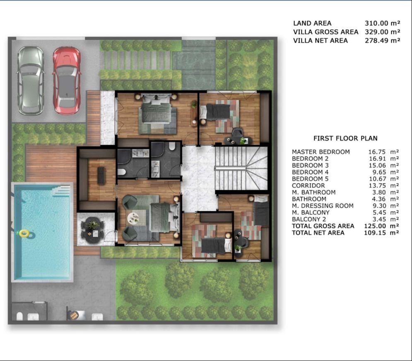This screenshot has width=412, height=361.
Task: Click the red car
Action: [67, 81]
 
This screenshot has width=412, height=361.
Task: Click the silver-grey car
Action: [31, 81]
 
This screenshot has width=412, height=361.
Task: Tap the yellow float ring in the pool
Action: [24, 233]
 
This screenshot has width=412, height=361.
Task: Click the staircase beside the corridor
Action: [241, 168]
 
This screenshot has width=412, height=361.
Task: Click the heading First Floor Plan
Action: [345, 138]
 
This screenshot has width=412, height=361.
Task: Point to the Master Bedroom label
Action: [321, 152]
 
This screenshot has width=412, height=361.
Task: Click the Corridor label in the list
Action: [308, 186]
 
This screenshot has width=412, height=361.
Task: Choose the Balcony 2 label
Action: [309, 219]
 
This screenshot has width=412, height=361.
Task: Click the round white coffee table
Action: [133, 218]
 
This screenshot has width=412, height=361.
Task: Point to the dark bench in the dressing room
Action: [101, 175]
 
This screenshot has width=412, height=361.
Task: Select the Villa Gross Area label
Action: [326, 32]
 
